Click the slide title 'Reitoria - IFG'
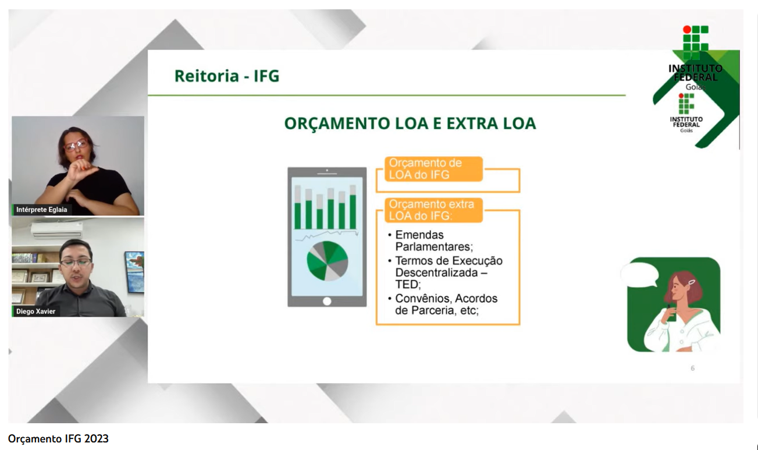pos(227,76)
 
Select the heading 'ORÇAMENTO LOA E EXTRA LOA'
pos(410,123)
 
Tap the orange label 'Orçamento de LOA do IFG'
pos(433,169)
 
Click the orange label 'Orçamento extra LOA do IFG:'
pos(433,210)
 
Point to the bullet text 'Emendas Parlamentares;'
pos(434,241)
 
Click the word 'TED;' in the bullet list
pos(408,285)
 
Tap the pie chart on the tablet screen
pos(328,261)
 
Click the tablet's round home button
pos(327,301)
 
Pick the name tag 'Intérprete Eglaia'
pos(41,210)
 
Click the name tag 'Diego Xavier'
pos(35,311)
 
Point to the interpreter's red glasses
pos(76,144)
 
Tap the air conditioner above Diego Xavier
pos(56,230)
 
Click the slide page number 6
pos(693,368)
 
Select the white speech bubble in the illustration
pos(639,275)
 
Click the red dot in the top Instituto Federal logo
pos(687,30)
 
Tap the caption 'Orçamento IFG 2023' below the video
pos(58,439)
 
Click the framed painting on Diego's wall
pos(134,271)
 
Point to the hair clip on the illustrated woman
pos(691,282)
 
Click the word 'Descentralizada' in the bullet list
pos(438,272)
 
